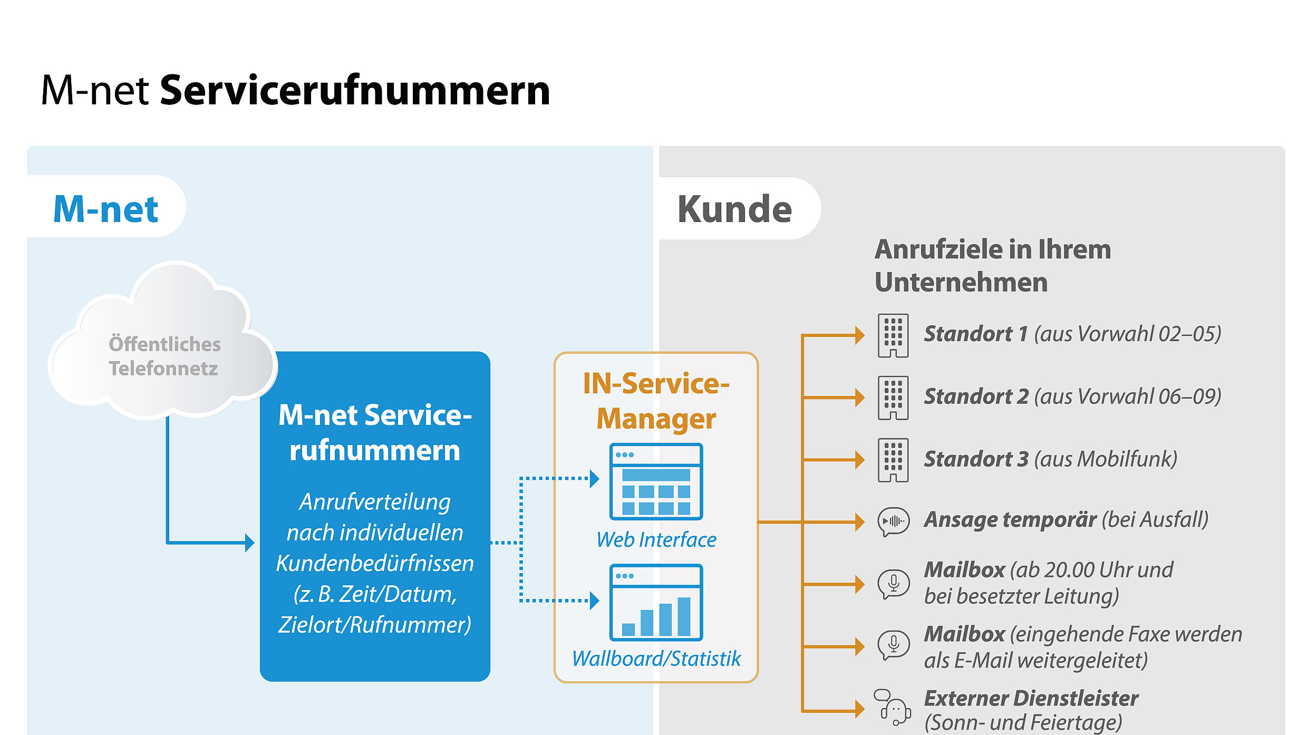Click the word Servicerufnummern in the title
[354, 91]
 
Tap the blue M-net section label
[105, 209]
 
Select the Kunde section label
[734, 209]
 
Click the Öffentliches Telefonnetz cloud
[163, 348]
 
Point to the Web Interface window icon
[656, 481]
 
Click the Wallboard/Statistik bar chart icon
[656, 602]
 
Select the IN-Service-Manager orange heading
[656, 401]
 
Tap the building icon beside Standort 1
[893, 335]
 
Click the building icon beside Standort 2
[893, 398]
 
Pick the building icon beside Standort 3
[893, 460]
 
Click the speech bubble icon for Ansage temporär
[893, 521]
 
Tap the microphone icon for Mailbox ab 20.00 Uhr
[893, 584]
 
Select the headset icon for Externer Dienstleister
[893, 708]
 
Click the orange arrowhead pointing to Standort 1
[859, 335]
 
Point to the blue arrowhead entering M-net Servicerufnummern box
[250, 542]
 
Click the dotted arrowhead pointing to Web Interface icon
[594, 478]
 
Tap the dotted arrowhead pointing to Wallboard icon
[594, 600]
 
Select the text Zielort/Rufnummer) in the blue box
[374, 625]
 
